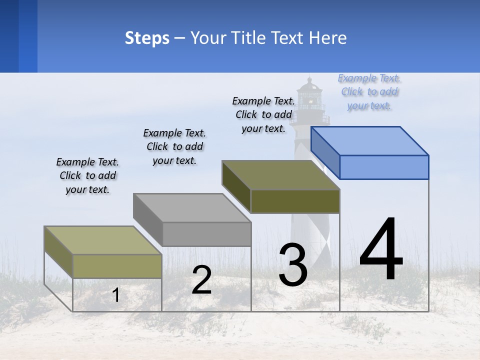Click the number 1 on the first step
click(115, 295)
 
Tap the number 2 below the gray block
click(201, 280)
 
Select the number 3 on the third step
click(293, 265)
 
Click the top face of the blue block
click(370, 140)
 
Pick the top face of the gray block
click(192, 207)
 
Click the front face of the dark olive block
click(295, 201)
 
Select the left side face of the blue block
click(325, 152)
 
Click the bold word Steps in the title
click(147, 38)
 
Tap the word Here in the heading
click(328, 38)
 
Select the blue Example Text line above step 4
click(369, 78)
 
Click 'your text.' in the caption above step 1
click(87, 189)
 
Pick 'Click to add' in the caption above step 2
click(174, 146)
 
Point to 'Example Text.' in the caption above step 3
click(263, 100)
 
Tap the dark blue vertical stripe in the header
click(27, 36)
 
